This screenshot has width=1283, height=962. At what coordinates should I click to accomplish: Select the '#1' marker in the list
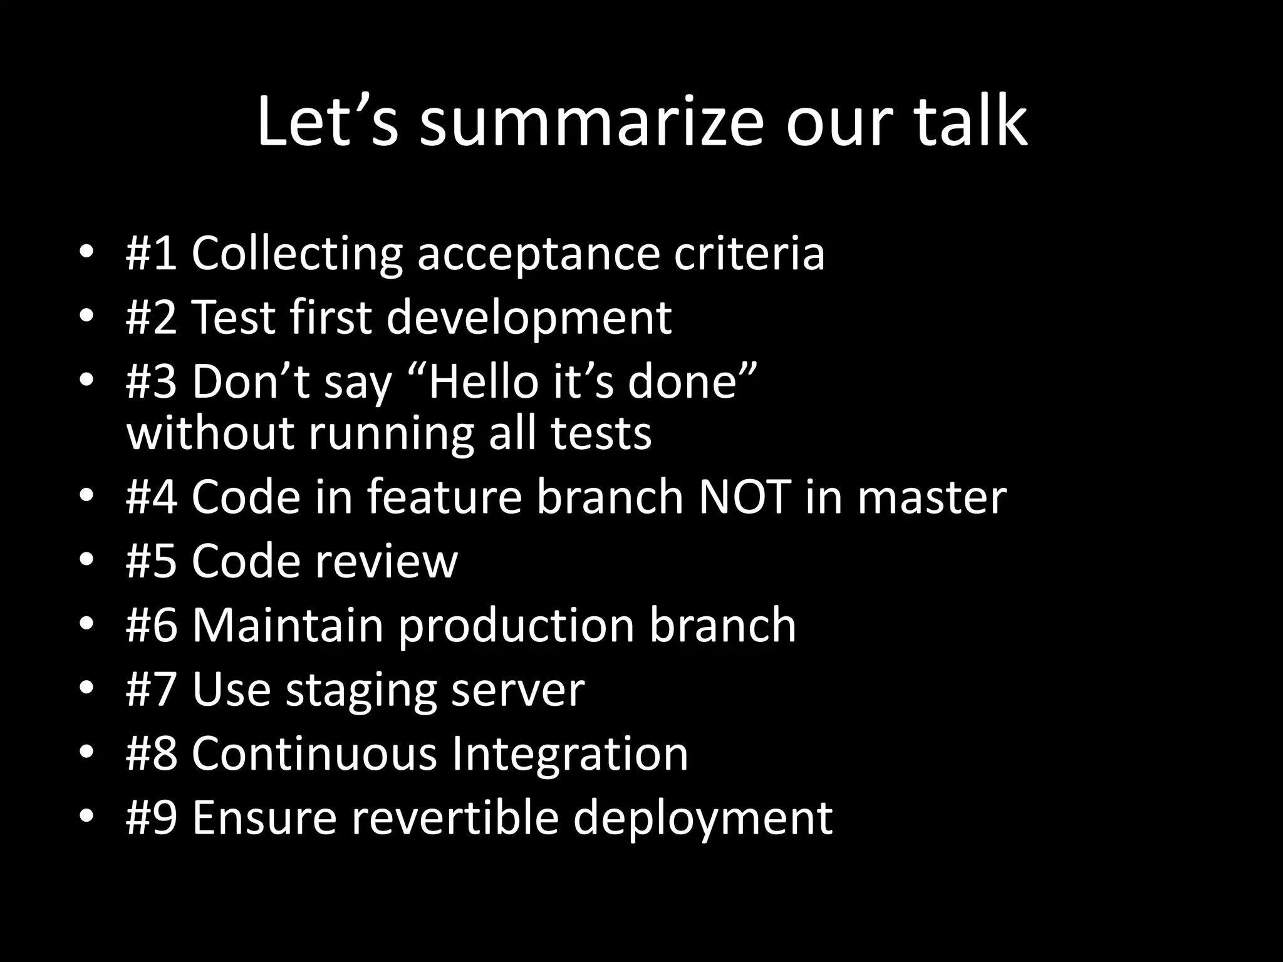(x=151, y=253)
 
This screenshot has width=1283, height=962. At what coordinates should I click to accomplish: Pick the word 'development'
(x=528, y=318)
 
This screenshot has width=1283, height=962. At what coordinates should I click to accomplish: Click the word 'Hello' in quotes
(x=483, y=381)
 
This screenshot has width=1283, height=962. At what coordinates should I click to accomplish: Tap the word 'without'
(x=210, y=433)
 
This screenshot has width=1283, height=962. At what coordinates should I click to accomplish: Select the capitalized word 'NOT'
(x=744, y=497)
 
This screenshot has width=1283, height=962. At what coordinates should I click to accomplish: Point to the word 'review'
(x=386, y=561)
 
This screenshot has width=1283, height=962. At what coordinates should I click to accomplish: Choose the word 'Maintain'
(x=287, y=625)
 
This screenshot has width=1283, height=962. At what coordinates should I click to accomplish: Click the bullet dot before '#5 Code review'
(x=86, y=559)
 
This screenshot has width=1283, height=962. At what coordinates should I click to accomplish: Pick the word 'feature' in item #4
(x=444, y=497)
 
